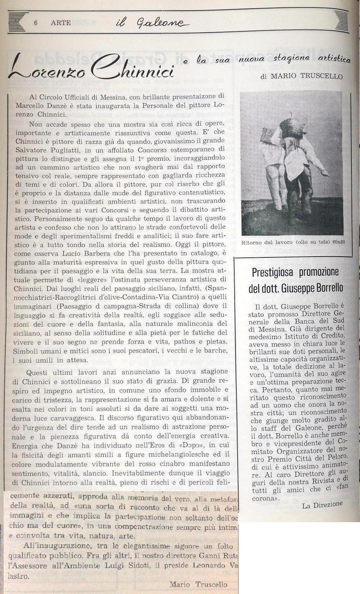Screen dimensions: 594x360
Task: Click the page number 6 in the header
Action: tap(36, 23)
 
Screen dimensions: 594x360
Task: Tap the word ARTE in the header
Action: tap(60, 23)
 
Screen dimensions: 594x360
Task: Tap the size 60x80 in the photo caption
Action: tap(338, 242)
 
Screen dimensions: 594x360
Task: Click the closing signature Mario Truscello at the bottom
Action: tap(198, 584)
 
